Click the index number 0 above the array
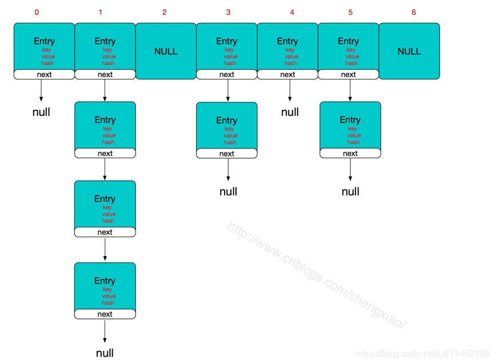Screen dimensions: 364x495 click(37, 12)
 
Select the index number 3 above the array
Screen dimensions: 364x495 click(228, 12)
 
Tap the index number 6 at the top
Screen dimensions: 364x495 click(414, 12)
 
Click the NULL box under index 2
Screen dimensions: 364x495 click(166, 51)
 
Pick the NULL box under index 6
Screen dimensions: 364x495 click(409, 51)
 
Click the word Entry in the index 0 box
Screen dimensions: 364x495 click(44, 41)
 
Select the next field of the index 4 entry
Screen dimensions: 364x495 click(288, 74)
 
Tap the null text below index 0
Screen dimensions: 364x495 click(41, 112)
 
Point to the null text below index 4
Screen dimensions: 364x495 click(290, 112)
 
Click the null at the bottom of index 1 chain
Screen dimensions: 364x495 click(105, 353)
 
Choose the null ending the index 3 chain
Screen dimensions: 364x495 click(228, 191)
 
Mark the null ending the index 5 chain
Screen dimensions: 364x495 click(350, 191)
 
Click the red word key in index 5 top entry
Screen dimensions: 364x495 click(351, 50)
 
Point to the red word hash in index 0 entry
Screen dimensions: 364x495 click(47, 63)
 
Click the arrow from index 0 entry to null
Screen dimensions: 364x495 click(41, 90)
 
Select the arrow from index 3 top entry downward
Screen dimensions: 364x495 click(228, 90)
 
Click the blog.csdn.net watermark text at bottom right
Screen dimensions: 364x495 click(422, 354)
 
